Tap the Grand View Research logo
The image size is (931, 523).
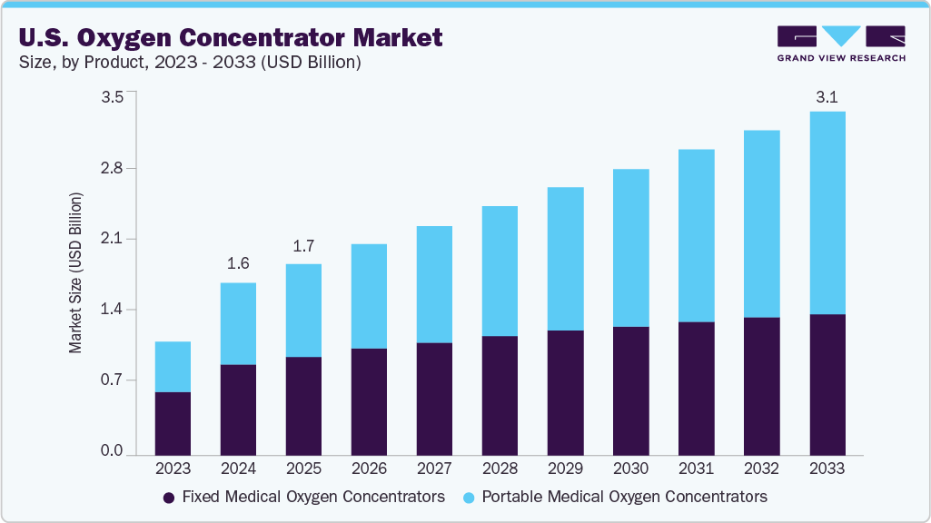(x=840, y=44)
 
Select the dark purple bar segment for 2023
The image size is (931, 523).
(x=173, y=423)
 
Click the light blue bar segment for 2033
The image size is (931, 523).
(x=827, y=212)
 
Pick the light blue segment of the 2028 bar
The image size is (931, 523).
(x=500, y=271)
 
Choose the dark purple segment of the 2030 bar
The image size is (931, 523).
(x=630, y=390)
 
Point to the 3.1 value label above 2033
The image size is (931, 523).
(x=827, y=97)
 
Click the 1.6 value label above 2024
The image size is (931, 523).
(x=238, y=263)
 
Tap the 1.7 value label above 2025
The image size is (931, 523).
(x=303, y=245)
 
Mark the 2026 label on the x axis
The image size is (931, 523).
(x=369, y=469)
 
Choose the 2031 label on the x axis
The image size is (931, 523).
(x=696, y=469)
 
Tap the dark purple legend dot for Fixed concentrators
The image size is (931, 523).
(x=168, y=498)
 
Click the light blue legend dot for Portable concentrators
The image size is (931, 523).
(x=468, y=498)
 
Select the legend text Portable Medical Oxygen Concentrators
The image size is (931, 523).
(x=624, y=497)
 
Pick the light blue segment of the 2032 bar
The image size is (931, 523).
(x=761, y=223)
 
